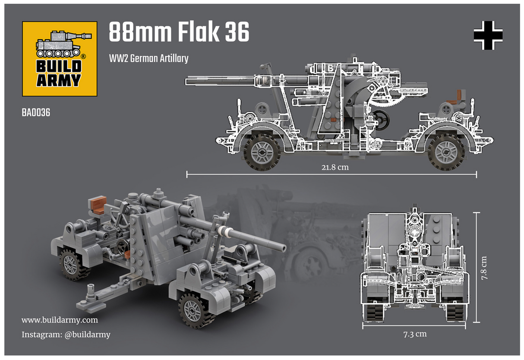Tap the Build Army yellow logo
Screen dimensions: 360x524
pos(60,59)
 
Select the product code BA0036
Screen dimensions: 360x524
pos(36,113)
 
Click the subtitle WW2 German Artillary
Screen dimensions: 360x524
pos(148,58)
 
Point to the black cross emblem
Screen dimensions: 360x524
pos(488,35)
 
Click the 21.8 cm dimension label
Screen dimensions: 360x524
pos(331,167)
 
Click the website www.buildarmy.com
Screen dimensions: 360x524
pos(60,320)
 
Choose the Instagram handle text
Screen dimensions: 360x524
pos(66,335)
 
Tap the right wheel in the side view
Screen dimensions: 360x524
pos(446,152)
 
